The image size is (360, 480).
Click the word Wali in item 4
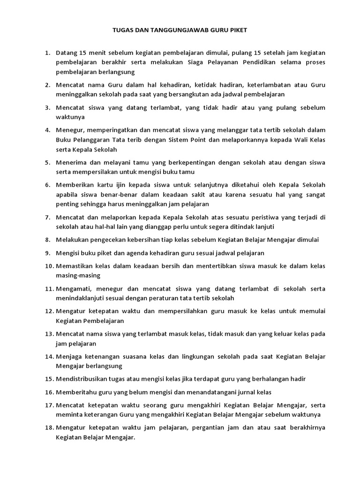pyautogui.click(x=291, y=140)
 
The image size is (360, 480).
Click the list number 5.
pyautogui.click(x=47, y=162)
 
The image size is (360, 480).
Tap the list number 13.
pyautogui.click(x=49, y=334)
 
